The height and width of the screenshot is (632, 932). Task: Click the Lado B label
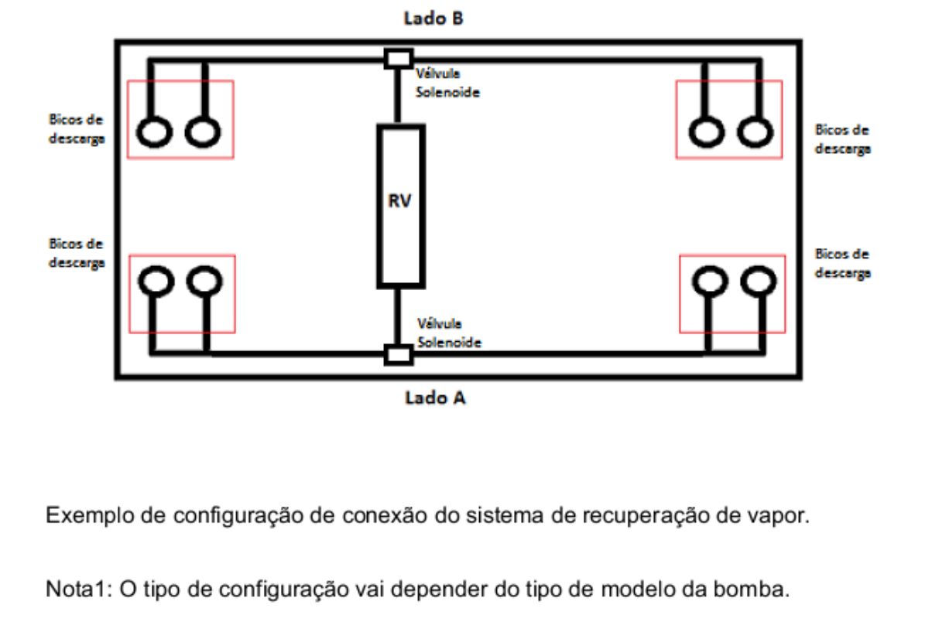click(x=433, y=19)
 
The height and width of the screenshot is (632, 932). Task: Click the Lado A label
click(x=435, y=398)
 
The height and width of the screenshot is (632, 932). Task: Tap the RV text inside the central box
click(x=400, y=201)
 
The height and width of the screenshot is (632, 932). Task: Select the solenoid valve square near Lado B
click(x=399, y=59)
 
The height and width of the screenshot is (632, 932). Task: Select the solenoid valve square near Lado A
click(x=399, y=354)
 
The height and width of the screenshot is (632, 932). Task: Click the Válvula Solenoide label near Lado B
click(x=447, y=84)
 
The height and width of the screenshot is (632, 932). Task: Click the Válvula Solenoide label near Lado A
click(x=449, y=333)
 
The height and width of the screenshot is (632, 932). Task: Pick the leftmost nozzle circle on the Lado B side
click(x=154, y=132)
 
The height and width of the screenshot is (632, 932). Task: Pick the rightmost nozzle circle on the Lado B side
click(x=756, y=132)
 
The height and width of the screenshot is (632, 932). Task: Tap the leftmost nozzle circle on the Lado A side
click(x=156, y=281)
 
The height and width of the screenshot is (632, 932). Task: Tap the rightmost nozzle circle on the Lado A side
click(x=759, y=281)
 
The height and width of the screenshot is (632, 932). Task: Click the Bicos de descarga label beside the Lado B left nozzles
click(x=77, y=129)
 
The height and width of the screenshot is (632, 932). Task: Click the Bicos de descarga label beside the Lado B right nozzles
click(x=843, y=140)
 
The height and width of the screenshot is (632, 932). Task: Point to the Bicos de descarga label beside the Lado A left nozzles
click(x=77, y=254)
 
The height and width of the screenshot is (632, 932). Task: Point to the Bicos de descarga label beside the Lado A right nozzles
click(x=843, y=264)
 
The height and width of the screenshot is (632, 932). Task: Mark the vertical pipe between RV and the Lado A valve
click(x=397, y=316)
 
